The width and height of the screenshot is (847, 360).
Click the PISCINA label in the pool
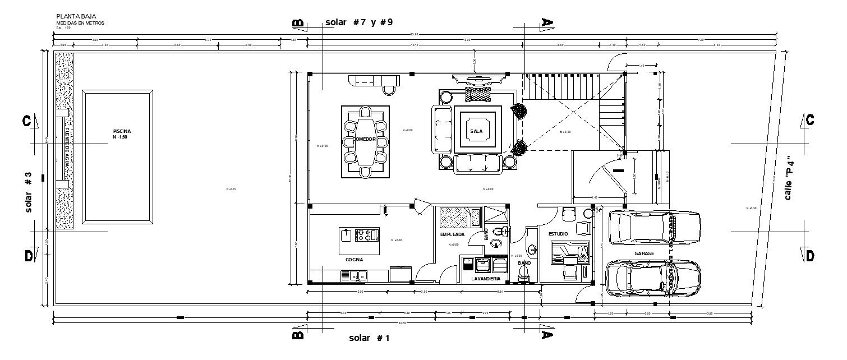[x=121, y=131]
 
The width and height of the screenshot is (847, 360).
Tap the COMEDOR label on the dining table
[x=364, y=139]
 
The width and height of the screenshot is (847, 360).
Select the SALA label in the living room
[x=476, y=131]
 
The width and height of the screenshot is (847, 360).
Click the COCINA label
[x=354, y=260]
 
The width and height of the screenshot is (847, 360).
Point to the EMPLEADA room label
[x=453, y=234]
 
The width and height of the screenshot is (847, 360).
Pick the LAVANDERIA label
[x=485, y=278]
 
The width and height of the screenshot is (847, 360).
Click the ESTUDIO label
[x=559, y=233]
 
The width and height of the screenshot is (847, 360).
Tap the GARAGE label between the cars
[x=645, y=253]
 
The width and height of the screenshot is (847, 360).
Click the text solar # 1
[x=369, y=338]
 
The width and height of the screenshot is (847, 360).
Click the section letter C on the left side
[x=26, y=121]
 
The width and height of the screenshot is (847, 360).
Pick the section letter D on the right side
[x=809, y=256]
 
